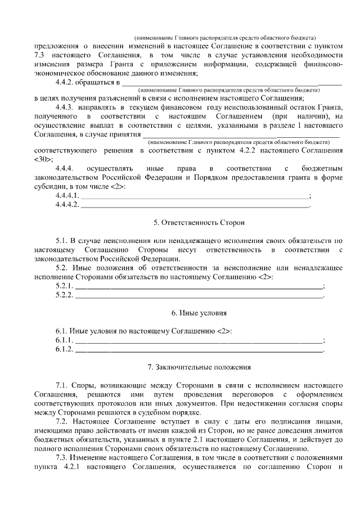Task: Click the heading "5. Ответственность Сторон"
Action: (191, 223)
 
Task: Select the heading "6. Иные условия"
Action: (191, 312)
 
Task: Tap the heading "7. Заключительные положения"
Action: (191, 367)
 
